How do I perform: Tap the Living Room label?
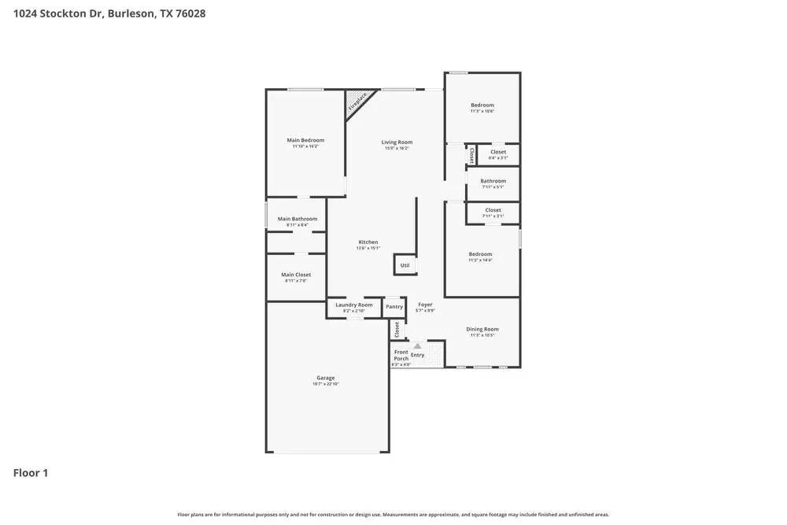pos(397,142)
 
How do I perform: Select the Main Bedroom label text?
pos(305,140)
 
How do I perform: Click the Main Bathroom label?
pos(297,219)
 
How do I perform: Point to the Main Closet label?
pos(296,275)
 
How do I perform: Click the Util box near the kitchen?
pos(405,265)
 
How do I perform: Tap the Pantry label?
pos(394,307)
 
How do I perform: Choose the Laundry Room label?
pos(354,305)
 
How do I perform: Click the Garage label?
pos(326,378)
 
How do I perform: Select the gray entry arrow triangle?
pos(417,346)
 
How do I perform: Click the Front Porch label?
pos(401,355)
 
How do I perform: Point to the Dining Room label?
pos(482,329)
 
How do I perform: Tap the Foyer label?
pos(425,305)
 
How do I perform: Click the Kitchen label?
pos(368,242)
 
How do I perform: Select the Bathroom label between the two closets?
pos(493,181)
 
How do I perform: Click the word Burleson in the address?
pos(131,14)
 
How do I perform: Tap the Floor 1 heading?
pos(31,473)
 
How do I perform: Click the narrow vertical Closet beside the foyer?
pos(397,329)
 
